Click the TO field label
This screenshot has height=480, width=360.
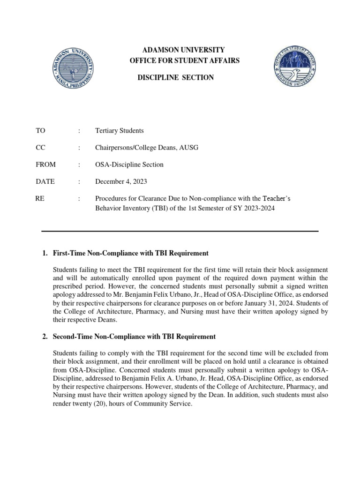click(40, 130)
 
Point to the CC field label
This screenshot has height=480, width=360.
click(40, 148)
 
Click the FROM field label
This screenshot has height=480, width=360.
click(45, 165)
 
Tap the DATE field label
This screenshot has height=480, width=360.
click(45, 181)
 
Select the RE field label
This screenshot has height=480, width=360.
click(40, 199)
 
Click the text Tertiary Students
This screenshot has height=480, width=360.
click(119, 130)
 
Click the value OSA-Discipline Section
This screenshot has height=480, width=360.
click(129, 165)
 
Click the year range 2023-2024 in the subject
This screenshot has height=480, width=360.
click(257, 208)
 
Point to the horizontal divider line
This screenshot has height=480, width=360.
click(180, 231)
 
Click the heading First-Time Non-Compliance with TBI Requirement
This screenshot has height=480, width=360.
click(130, 253)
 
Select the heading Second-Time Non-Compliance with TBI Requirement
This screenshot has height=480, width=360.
click(134, 337)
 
